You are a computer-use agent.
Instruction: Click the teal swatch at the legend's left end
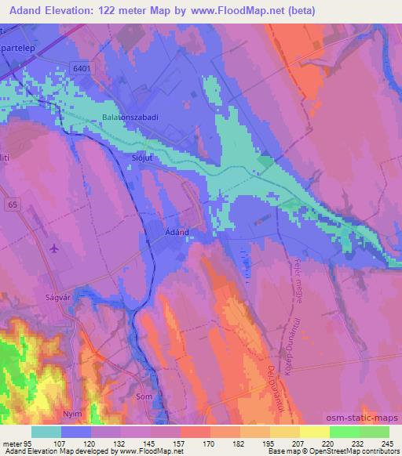(x=46, y=432)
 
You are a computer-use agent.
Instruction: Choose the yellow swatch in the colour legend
(x=314, y=432)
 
